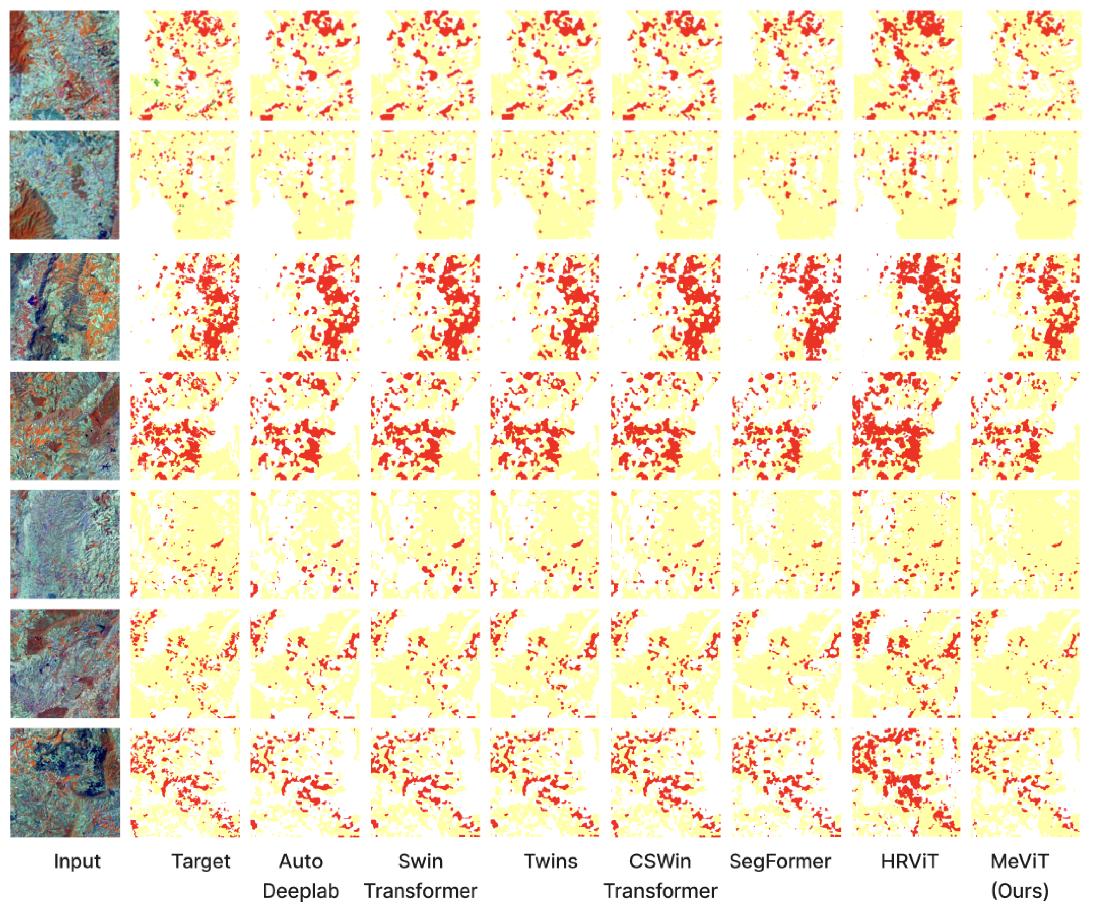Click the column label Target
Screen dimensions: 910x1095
click(x=201, y=861)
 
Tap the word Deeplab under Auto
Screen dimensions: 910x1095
click(x=300, y=891)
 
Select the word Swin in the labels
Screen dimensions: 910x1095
click(x=420, y=861)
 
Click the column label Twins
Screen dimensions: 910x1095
click(x=550, y=861)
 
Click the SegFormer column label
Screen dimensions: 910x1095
click(x=780, y=861)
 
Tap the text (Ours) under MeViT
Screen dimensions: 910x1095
click(x=1020, y=891)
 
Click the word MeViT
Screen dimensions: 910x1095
click(x=1020, y=861)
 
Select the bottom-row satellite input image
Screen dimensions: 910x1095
click(x=65, y=782)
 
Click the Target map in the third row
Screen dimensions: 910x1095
click(x=185, y=307)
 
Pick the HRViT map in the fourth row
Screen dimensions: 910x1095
click(x=906, y=426)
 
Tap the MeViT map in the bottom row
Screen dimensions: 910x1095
click(x=1026, y=782)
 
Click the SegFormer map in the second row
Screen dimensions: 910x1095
click(x=786, y=185)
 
